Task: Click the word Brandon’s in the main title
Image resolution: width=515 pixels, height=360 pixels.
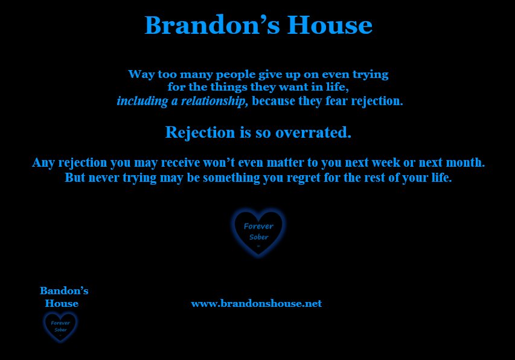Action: click(212, 25)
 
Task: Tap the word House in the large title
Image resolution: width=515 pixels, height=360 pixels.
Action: click(330, 25)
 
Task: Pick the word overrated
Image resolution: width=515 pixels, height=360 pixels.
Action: click(313, 132)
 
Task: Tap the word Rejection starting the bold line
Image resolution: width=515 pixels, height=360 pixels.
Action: click(200, 133)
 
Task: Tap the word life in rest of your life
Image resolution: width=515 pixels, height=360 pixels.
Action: click(442, 178)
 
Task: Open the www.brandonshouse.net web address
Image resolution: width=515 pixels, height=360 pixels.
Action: click(257, 303)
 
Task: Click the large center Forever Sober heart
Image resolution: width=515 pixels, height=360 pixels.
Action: click(258, 232)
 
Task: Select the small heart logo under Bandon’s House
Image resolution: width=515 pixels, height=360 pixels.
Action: click(60, 327)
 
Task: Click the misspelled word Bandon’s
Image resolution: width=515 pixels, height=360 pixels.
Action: click(64, 291)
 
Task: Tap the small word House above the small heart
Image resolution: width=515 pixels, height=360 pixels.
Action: click(62, 303)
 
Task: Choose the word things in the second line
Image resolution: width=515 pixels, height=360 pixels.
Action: click(229, 87)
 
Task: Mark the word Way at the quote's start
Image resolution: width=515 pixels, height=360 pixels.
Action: click(141, 74)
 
